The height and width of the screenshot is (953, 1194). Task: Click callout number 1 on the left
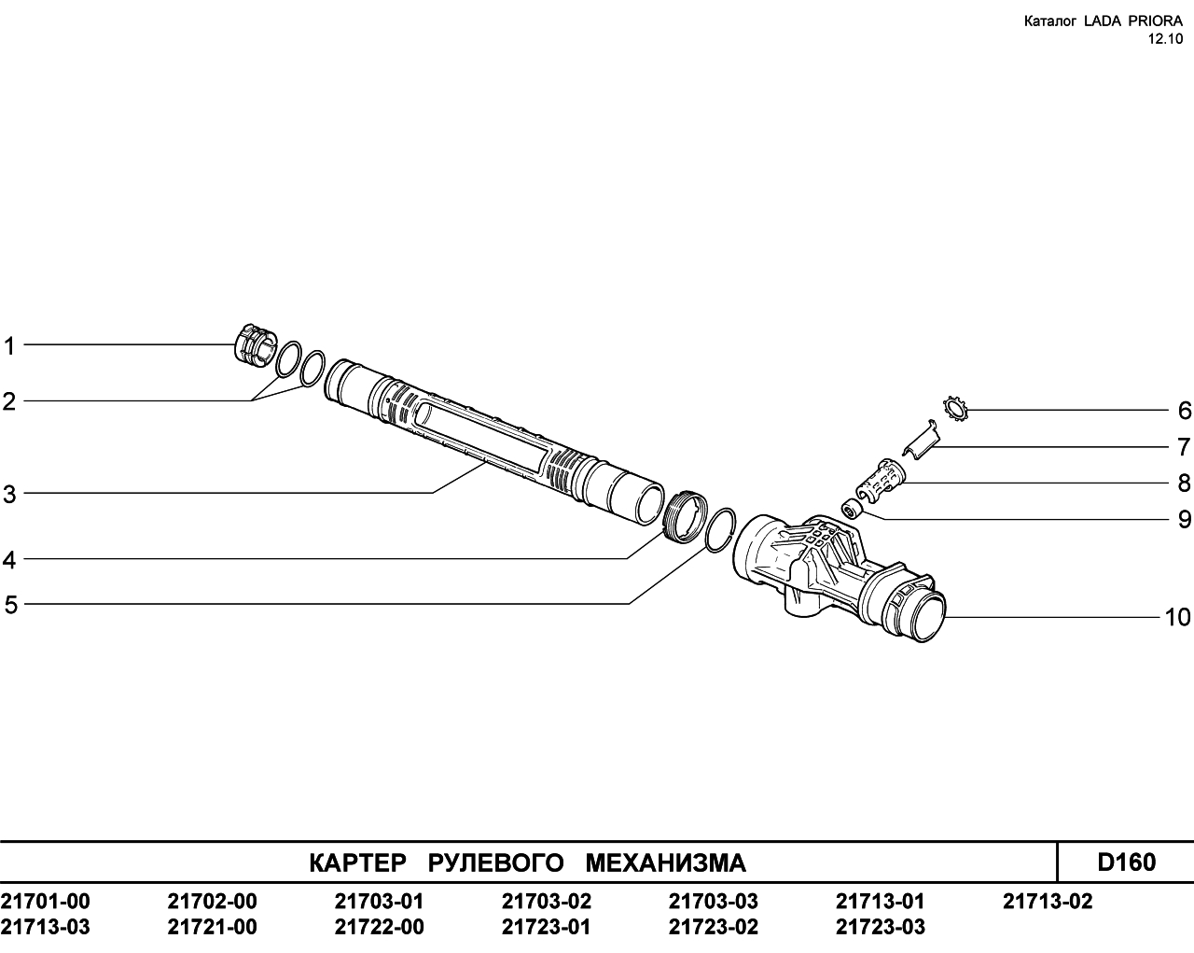9,346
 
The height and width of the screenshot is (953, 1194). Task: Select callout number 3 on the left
9,495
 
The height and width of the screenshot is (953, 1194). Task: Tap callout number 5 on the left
10,605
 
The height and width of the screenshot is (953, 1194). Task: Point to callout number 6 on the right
1184,411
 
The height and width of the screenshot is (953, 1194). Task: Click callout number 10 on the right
1177,618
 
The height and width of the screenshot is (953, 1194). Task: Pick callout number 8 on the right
1184,484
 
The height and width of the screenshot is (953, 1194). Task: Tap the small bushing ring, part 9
851,508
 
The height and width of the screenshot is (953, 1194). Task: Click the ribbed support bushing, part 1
256,344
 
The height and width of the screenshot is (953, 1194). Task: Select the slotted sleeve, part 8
881,480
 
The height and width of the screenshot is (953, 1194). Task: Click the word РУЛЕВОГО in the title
496,862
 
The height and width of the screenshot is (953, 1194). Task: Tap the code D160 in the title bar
1126,862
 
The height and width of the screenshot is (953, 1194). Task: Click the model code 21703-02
547,901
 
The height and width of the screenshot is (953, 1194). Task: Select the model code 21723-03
881,927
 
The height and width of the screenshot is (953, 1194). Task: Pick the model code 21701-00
45,901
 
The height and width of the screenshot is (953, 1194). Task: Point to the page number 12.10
1165,39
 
